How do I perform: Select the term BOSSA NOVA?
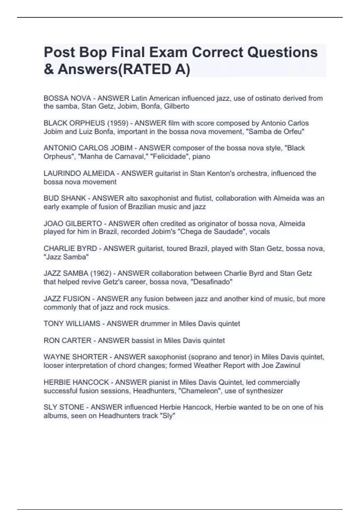(x=67, y=98)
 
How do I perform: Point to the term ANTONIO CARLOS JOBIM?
(x=88, y=148)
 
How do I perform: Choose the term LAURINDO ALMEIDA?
(x=79, y=173)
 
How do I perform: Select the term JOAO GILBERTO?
(x=73, y=224)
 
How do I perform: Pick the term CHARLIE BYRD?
(x=70, y=249)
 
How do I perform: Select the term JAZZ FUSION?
(x=67, y=299)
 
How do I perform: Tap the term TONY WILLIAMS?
(x=72, y=324)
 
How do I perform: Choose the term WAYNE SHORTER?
(x=76, y=357)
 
